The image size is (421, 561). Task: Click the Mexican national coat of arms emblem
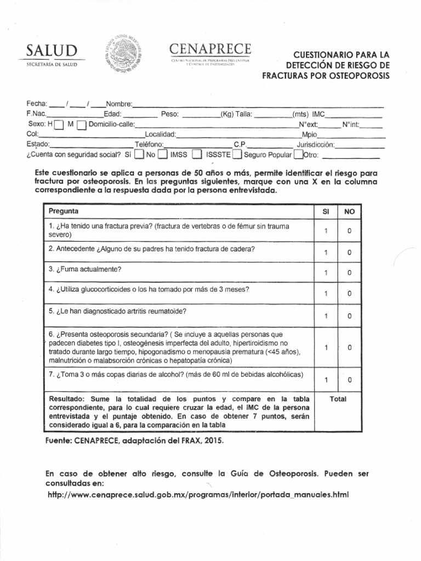tap(123, 54)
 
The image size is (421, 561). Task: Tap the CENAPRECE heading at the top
tap(210, 49)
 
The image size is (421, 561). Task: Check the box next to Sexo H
tap(59, 125)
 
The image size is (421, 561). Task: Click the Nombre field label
tap(119, 104)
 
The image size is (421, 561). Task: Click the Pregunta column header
tap(64, 211)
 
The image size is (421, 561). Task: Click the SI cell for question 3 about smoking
tap(325, 273)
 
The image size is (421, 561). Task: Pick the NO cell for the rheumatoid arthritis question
tap(349, 316)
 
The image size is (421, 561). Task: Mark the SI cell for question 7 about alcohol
tap(325, 380)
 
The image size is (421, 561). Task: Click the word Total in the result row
tap(338, 399)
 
